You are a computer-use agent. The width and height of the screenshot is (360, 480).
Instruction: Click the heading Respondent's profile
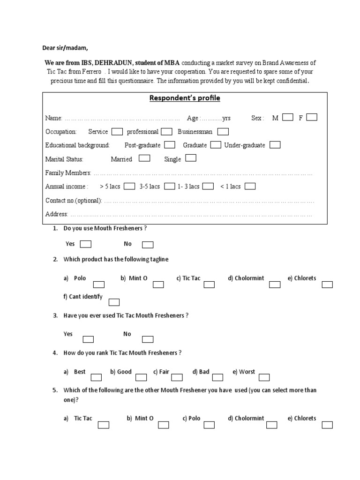pos(185,98)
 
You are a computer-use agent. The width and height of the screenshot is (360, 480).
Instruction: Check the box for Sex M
pos(289,117)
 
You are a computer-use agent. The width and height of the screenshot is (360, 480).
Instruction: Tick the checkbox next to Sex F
pos(312,117)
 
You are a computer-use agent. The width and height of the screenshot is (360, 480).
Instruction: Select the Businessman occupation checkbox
pos(223,131)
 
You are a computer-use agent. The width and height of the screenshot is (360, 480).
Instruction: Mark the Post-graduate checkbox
pos(170,145)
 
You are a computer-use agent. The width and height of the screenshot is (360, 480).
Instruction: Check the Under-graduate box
pos(275,145)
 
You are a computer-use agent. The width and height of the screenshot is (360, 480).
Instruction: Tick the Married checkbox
pos(144,158)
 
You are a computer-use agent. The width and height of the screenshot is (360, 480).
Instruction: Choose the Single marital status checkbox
pos(191,158)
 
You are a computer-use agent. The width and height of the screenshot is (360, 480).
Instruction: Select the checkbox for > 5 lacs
pos(129,186)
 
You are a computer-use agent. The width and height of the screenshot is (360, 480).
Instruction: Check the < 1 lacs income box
pos(250,186)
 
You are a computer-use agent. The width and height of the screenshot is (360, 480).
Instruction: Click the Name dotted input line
pos(122,119)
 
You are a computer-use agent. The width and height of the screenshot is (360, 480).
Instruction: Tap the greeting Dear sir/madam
pos(65,48)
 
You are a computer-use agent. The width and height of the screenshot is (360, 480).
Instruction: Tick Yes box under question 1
pos(85,244)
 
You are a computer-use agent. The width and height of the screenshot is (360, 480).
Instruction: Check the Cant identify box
pos(114,302)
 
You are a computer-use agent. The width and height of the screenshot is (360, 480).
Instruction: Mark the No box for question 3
pos(148,339)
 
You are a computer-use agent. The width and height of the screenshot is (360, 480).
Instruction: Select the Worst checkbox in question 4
pos(264,377)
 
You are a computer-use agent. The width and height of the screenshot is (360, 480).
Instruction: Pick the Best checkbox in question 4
pos(96,377)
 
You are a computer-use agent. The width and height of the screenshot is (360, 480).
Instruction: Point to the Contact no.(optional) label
pos(74,201)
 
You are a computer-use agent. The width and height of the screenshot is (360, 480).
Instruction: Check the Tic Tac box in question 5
pos(104,425)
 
